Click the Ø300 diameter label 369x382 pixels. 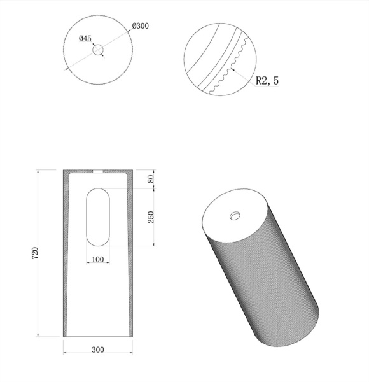click(141, 26)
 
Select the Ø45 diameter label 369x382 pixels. click(85, 39)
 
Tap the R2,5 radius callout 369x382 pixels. click(267, 81)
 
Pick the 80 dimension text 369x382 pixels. click(151, 179)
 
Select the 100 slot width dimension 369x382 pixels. click(97, 259)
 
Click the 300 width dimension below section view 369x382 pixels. click(97, 350)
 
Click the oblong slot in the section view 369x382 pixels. click(98, 216)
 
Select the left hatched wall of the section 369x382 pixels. click(65, 255)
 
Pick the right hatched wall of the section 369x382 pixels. click(131, 255)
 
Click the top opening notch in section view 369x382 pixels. click(98, 171)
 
